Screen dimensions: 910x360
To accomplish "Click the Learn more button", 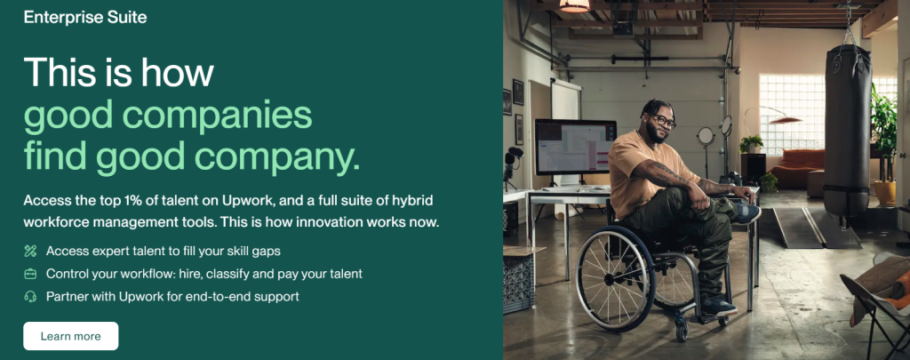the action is [x=71, y=336].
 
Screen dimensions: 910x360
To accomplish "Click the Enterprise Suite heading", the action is [x=85, y=18].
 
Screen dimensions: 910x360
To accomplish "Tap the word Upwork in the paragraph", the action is [x=243, y=201].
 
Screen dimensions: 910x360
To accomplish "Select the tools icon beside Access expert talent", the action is [x=30, y=251].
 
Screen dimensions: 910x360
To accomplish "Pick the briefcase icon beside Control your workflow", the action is [x=30, y=274].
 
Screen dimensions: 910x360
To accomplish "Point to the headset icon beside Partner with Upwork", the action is [x=30, y=296].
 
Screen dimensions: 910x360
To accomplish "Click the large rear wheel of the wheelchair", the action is [x=615, y=279].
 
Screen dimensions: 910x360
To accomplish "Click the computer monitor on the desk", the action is [x=575, y=147].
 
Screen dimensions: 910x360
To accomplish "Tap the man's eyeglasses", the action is [x=663, y=121].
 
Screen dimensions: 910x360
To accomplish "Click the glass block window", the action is [x=792, y=114].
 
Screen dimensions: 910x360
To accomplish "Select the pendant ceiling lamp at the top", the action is [x=575, y=6].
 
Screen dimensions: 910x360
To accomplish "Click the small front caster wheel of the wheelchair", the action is [x=682, y=331].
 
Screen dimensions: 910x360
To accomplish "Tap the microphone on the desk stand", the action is [x=515, y=153].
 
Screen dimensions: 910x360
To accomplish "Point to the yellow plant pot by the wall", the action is [x=884, y=193].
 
